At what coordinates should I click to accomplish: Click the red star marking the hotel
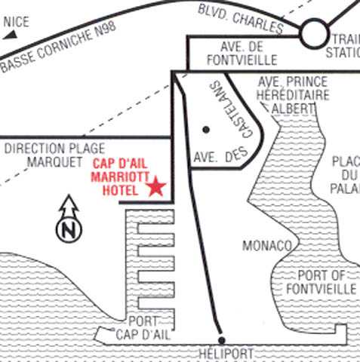coord(156,187)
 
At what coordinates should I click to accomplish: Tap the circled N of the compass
coord(69,230)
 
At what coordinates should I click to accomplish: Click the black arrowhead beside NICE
coord(10,35)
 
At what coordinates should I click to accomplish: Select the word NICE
coord(17,22)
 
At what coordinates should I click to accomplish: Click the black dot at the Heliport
coord(221,341)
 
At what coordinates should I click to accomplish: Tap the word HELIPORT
coord(226,353)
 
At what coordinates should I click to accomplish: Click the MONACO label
coord(267,246)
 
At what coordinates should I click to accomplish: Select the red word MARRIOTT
coord(120,177)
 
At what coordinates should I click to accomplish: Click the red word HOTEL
coord(120,190)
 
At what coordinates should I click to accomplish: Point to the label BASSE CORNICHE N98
coord(59,47)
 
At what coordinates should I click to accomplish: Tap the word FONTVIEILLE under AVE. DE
coord(242,60)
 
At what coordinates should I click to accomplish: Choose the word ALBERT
coord(293,109)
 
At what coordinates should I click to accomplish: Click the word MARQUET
coord(54,162)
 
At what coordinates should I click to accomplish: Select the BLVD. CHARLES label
coord(241,19)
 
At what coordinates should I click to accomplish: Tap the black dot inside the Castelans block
coord(206,130)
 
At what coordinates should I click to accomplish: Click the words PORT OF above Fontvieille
coord(321,275)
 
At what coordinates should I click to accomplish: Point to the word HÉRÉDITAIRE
coord(293,95)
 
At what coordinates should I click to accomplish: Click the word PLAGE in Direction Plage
coord(87,149)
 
